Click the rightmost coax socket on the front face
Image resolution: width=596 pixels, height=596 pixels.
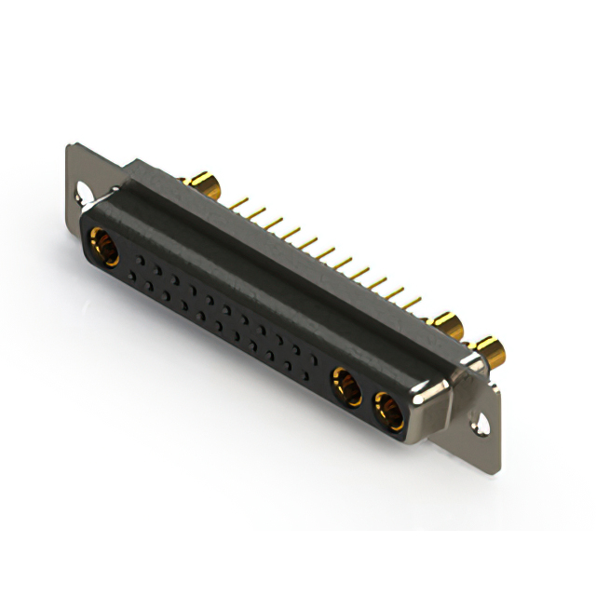click(387, 409)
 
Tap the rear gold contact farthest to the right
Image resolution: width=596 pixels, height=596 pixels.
click(491, 352)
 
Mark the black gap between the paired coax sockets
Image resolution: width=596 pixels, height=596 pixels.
click(367, 398)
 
